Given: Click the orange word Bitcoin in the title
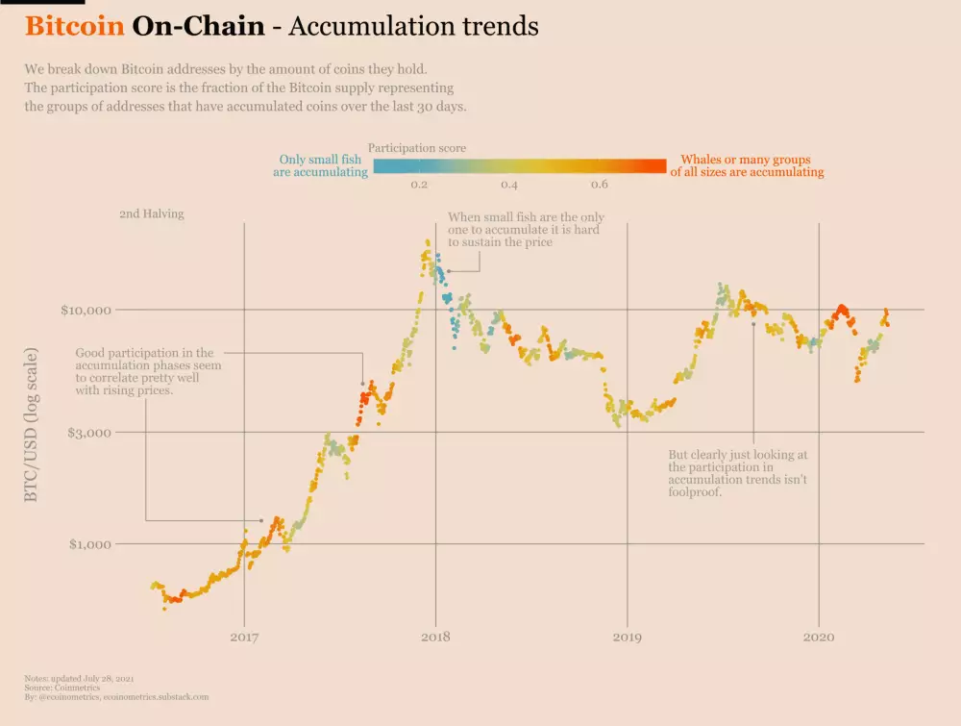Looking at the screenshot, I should click(75, 26).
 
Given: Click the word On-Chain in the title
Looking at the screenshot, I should click(198, 26).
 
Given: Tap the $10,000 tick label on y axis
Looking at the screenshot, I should click(86, 311).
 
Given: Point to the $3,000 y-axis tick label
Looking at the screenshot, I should click(90, 433).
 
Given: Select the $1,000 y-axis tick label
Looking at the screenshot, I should click(90, 544).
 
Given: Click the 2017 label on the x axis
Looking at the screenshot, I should click(244, 637).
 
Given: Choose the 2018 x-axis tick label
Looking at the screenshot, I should click(435, 637).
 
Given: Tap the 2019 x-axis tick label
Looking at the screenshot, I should click(627, 637).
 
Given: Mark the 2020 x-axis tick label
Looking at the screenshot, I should click(818, 637).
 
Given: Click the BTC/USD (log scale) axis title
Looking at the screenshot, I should click(32, 424).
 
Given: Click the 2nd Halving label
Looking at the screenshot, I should click(151, 214).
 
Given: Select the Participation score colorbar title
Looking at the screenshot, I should click(417, 148).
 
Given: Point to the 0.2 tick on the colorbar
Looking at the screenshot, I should click(419, 185).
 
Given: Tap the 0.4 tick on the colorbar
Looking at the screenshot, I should click(509, 185).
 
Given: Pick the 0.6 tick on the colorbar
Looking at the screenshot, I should click(599, 185).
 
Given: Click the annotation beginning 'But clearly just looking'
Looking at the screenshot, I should click(738, 472).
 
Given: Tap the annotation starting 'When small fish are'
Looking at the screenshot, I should click(526, 231).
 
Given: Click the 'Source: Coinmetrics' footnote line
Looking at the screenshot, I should click(62, 688).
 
